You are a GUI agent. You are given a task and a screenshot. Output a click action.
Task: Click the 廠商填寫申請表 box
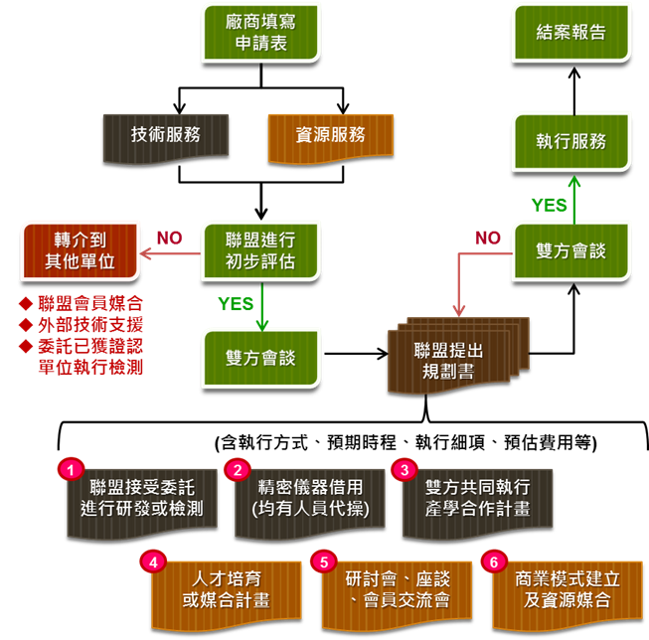click(261, 32)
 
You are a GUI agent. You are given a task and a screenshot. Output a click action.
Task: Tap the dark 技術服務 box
click(165, 136)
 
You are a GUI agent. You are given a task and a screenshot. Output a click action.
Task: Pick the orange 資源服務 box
click(330, 136)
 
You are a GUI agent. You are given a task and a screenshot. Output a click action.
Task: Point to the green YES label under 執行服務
click(549, 205)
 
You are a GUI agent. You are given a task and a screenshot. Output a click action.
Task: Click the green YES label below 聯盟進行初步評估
click(237, 304)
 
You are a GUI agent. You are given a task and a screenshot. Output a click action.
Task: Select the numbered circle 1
click(70, 467)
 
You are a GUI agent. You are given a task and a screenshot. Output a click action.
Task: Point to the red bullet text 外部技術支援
click(89, 324)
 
